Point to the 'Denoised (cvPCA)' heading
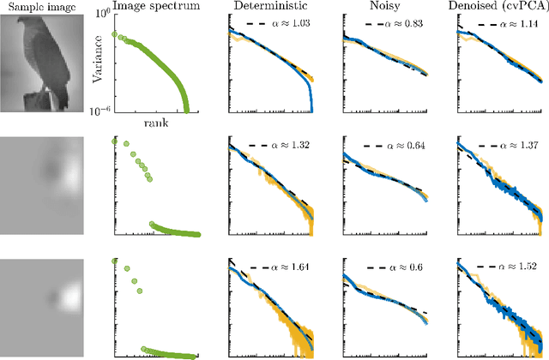coord(497,8)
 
